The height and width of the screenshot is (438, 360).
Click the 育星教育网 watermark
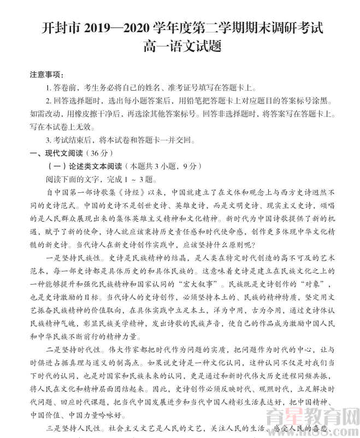tap(317, 419)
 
